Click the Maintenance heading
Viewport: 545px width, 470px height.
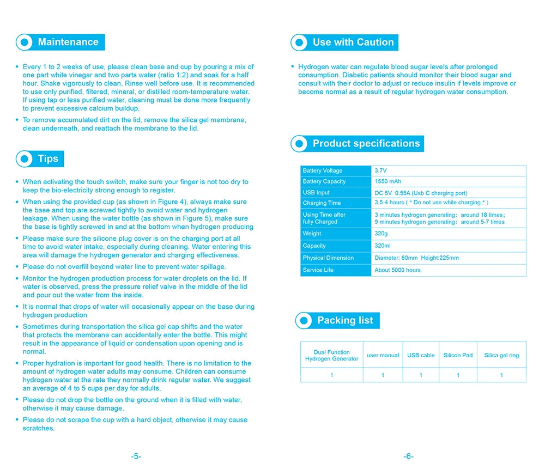[x=68, y=42]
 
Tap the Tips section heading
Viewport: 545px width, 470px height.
[x=48, y=159]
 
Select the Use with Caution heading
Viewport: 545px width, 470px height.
[x=353, y=42]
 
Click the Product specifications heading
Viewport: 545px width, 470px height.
[x=366, y=144]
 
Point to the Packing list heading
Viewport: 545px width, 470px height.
[x=345, y=320]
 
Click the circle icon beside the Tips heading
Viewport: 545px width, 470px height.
[x=25, y=159]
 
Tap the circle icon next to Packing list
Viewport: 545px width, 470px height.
[x=304, y=320]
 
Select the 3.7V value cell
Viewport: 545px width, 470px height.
[x=380, y=171]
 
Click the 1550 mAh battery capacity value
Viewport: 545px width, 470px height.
[x=387, y=181]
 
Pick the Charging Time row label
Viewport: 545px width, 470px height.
[x=322, y=203]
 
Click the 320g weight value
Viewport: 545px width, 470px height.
[x=381, y=234]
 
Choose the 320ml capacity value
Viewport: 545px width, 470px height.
[x=383, y=246]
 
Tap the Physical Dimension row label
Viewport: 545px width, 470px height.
[x=328, y=258]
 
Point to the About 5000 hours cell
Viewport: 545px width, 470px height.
[x=397, y=270]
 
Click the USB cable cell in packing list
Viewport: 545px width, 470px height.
[x=421, y=355]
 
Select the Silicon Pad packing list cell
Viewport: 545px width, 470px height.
[x=458, y=355]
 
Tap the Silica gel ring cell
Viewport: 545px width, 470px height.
[x=501, y=355]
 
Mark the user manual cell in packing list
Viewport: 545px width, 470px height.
[x=383, y=355]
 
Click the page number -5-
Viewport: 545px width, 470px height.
[x=136, y=456]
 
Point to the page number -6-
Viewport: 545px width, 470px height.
[x=408, y=456]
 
